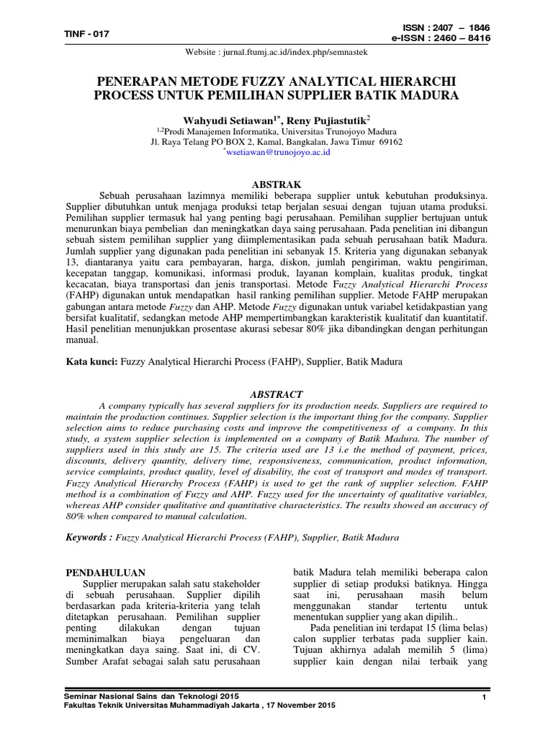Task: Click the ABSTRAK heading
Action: (276, 184)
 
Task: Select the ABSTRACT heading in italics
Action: (276, 394)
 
